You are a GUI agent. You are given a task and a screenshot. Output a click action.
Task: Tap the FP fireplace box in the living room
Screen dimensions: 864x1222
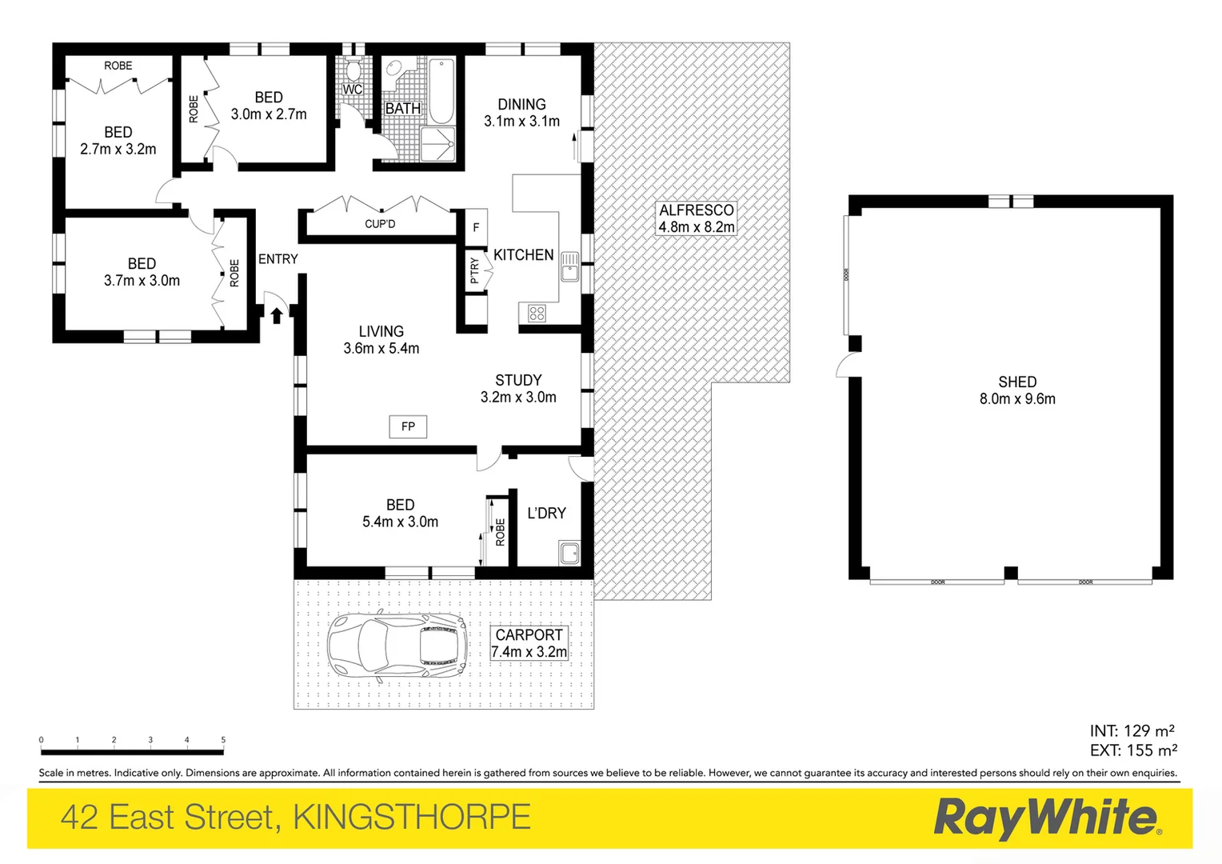coord(408,426)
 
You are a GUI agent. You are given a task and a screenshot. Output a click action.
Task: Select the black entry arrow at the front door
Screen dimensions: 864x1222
coord(276,315)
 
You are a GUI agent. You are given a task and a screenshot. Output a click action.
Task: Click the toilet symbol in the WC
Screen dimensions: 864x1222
coord(353,69)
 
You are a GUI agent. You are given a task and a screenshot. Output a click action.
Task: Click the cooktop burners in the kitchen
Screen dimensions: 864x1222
coord(537,314)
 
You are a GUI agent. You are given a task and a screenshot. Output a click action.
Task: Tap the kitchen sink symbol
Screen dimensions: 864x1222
coord(569,267)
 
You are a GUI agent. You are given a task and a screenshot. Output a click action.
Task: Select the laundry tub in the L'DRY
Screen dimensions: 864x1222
coord(569,553)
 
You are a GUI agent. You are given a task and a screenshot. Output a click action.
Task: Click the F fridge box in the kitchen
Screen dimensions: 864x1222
coord(476,228)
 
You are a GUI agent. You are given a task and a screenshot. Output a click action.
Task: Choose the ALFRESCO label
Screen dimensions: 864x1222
coord(696,210)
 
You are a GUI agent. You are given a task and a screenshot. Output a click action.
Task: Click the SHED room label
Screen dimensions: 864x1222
coord(1017,382)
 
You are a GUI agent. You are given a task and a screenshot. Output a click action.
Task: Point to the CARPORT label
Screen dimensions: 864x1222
coord(529,635)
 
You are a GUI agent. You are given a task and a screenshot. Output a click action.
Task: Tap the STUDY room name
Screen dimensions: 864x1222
coord(518,381)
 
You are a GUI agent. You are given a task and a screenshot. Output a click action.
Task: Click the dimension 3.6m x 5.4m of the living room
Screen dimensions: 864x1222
coord(381,349)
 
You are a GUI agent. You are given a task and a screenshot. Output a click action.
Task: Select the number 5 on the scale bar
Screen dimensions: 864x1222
coord(223,740)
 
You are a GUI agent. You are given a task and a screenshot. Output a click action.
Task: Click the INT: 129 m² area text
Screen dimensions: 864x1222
coord(1132,730)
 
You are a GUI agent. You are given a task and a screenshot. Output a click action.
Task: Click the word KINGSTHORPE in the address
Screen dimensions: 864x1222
coord(412,818)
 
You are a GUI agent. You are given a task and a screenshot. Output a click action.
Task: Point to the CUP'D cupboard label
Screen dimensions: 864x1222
coord(380,224)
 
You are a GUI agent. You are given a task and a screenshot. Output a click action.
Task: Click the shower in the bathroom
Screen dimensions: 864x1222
coord(437,145)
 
